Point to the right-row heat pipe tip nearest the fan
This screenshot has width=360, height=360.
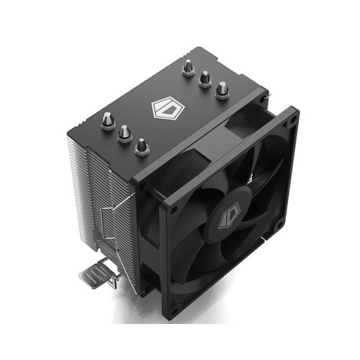pos(222,89)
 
